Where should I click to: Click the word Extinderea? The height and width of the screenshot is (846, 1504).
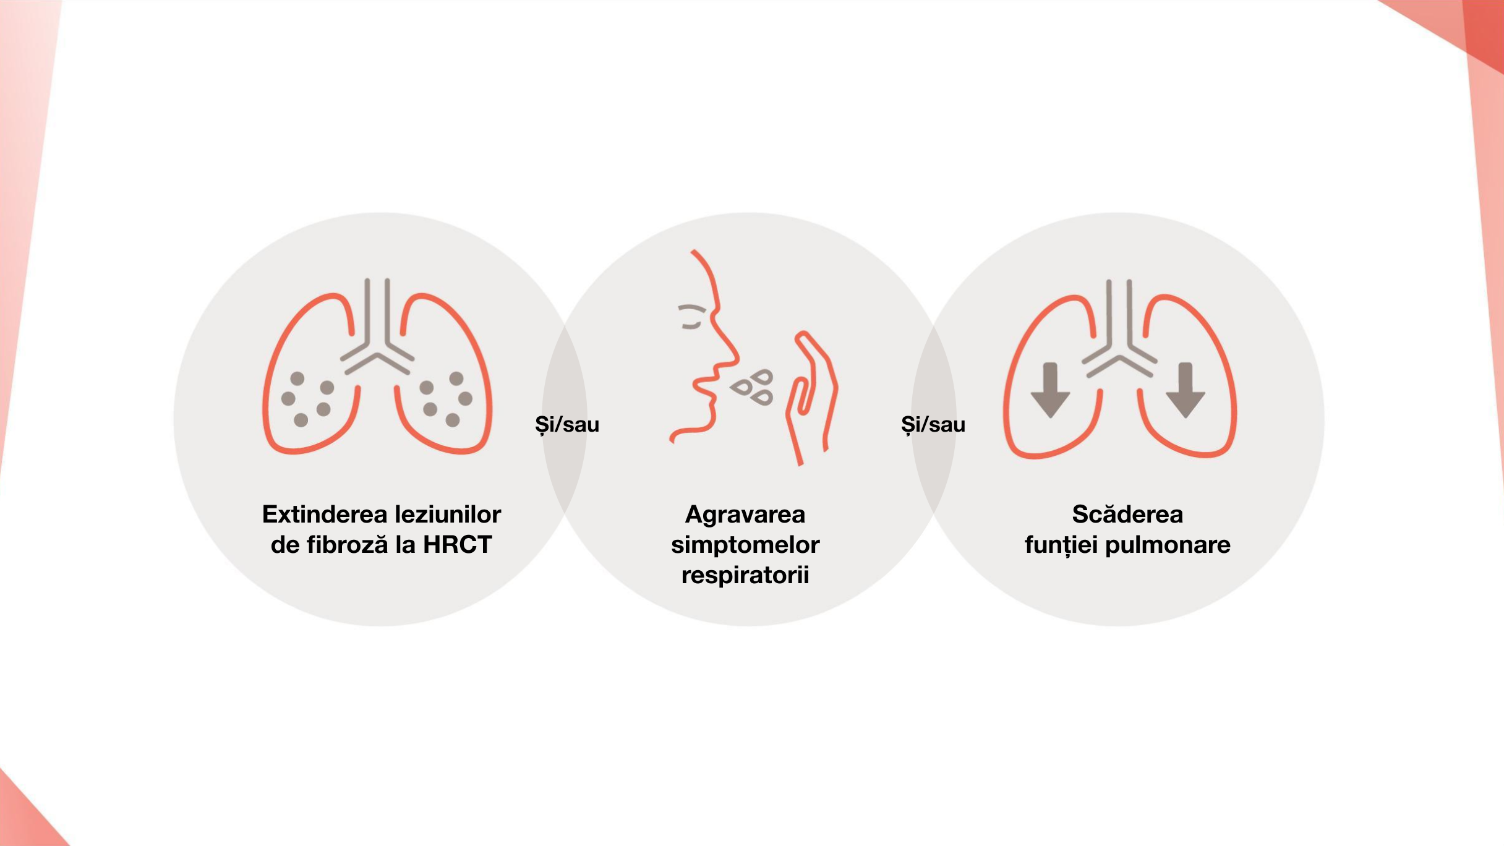(325, 515)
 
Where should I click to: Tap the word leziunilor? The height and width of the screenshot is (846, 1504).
(448, 515)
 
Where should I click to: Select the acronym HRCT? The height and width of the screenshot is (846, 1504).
(458, 545)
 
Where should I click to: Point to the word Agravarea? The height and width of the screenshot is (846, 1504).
(745, 515)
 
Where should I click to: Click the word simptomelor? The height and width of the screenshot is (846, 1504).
(745, 545)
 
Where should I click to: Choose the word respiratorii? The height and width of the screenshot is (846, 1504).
(745, 575)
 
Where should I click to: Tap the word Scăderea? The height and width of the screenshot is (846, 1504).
(1127, 515)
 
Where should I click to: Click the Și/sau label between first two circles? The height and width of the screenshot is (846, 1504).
(567, 425)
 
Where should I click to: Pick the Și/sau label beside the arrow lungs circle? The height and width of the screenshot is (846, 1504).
(933, 425)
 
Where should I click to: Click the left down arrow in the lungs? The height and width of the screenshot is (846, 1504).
(1050, 390)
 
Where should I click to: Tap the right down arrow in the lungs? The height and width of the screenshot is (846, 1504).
(1185, 390)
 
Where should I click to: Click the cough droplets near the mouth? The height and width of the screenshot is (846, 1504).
(753, 388)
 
